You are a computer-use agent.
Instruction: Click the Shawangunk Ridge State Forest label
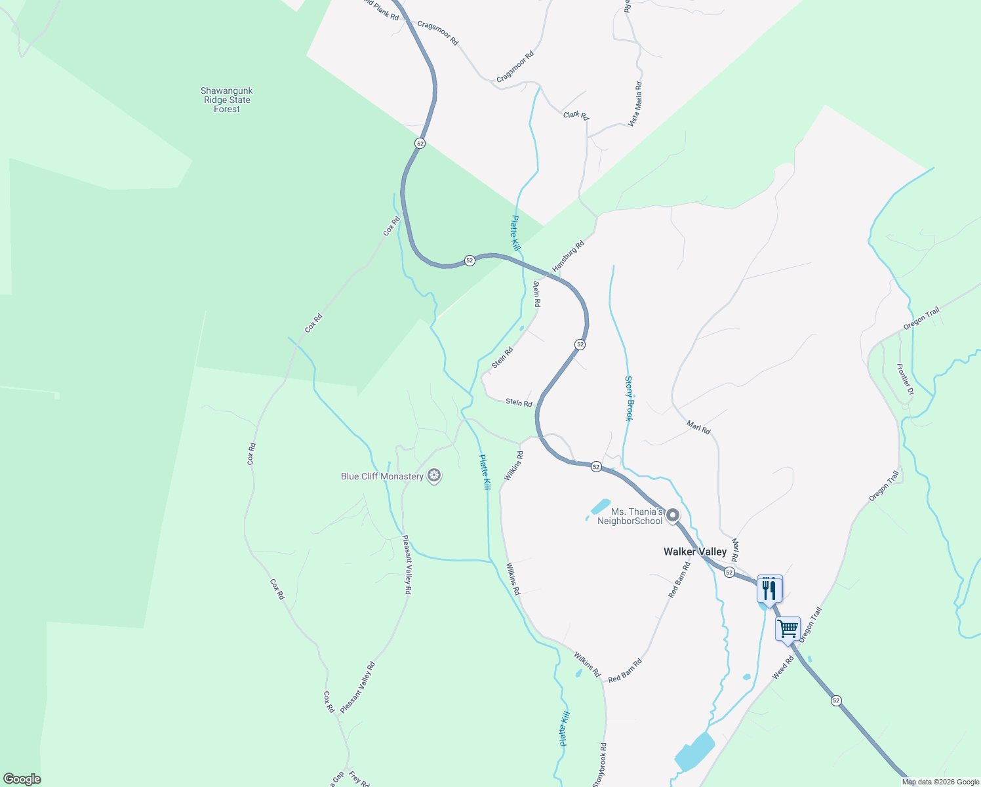pos(226,100)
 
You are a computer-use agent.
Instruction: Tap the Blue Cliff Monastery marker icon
pos(433,475)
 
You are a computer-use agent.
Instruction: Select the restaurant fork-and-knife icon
pos(769,589)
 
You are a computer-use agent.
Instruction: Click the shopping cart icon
pos(788,630)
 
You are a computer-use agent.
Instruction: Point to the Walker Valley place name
pos(695,552)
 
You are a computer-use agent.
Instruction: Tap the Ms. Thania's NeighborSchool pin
pos(672,515)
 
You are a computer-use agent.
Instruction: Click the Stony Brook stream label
pos(629,398)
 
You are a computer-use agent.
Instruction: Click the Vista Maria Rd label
pos(635,104)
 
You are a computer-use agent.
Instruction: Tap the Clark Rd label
pos(576,115)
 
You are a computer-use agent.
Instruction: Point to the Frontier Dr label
pos(905,380)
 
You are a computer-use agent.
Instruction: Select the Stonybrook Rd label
pos(599,765)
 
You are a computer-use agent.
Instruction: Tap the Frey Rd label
pos(359,778)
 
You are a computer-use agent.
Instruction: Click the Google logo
pos(22,778)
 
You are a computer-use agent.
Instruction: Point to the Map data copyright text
pos(940,782)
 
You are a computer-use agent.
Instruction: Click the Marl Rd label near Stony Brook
pos(698,428)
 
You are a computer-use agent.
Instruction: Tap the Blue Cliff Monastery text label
pos(382,477)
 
